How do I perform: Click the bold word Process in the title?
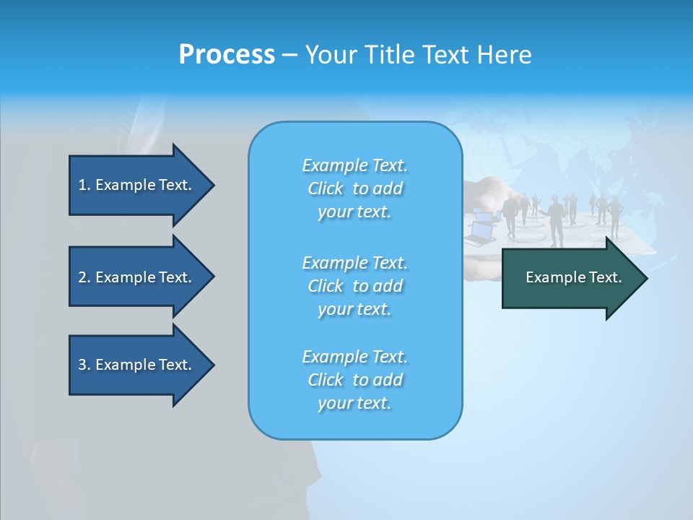click(x=227, y=55)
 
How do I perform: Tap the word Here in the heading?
click(x=504, y=55)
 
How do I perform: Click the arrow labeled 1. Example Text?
click(x=137, y=185)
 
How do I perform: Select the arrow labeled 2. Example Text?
click(x=137, y=277)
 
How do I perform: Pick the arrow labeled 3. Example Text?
click(x=137, y=365)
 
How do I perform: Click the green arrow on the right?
click(x=570, y=277)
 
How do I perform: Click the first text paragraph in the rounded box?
click(x=354, y=188)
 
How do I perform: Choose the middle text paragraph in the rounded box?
click(x=354, y=285)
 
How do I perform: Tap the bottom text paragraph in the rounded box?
click(x=354, y=380)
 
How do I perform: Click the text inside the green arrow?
click(x=573, y=277)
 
